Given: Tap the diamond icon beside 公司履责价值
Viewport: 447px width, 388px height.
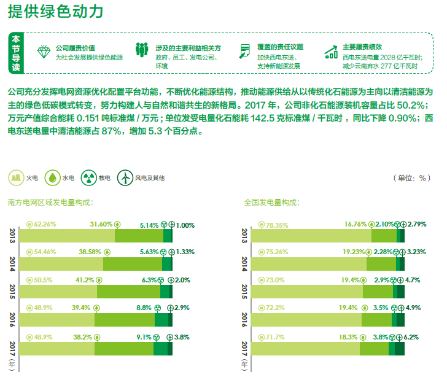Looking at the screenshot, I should (44, 51).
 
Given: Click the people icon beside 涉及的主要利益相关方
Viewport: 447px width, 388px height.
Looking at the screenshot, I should (142, 50).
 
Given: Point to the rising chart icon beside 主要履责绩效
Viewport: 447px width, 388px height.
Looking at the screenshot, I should (331, 51).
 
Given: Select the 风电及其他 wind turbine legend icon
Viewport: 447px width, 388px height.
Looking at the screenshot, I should (125, 178).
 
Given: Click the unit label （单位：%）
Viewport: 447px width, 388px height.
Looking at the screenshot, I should (411, 178).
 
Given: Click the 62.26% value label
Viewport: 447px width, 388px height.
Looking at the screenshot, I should (45, 224).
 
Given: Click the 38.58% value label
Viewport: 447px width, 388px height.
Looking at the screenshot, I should (91, 252).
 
